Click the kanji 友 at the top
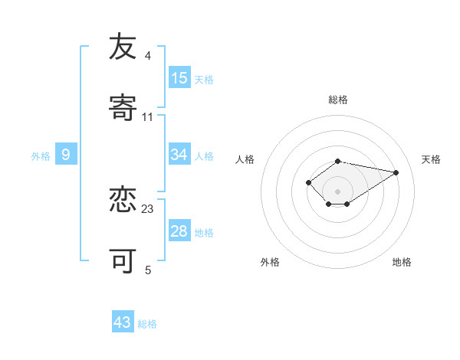coord(123,47)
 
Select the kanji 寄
coord(123,109)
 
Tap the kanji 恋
coord(123,200)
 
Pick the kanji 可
coord(123,261)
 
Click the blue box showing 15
coord(179,78)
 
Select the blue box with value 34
coord(179,155)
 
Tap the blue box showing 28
coord(179,231)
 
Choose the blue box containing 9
coord(66,155)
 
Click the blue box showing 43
coord(123,322)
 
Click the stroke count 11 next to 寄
coord(148,117)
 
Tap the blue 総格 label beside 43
coord(147,324)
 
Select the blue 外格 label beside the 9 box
coord(41,156)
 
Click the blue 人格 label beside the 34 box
coord(204,156)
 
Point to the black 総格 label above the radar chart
coord(338,100)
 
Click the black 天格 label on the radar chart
coord(431,159)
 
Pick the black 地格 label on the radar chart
coord(402,262)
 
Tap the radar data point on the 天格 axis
coord(396,172)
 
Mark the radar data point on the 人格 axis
coord(308,182)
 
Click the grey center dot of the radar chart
coord(338,191)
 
